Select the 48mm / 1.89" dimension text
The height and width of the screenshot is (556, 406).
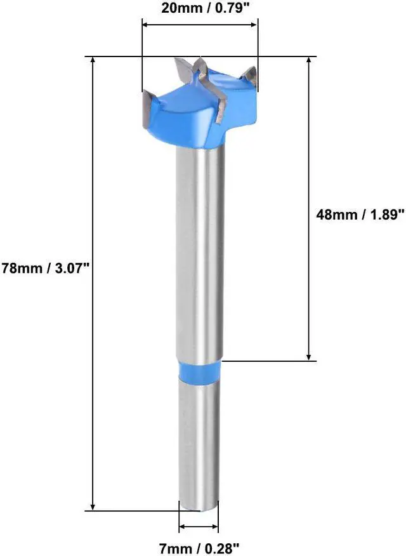(x=360, y=215)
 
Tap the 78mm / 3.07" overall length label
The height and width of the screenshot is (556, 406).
(x=47, y=268)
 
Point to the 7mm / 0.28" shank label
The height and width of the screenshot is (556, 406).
(x=199, y=546)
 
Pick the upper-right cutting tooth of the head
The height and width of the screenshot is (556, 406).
(x=251, y=76)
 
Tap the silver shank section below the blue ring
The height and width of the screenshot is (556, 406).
(x=199, y=444)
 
